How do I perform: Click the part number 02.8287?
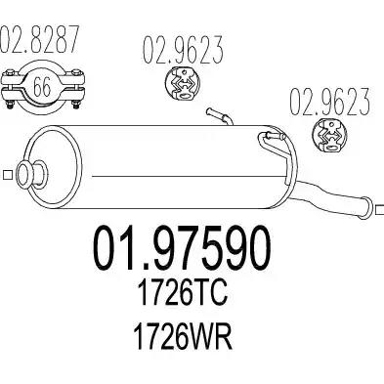click(x=40, y=39)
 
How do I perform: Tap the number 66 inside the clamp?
click(x=42, y=87)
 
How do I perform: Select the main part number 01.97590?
click(x=182, y=248)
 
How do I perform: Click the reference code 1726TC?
click(x=182, y=292)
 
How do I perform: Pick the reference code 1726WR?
click(x=183, y=337)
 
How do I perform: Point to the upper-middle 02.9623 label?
click(x=183, y=50)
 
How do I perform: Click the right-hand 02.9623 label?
click(x=330, y=101)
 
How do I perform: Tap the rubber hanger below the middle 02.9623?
click(x=183, y=83)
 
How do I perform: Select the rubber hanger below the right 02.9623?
click(x=329, y=136)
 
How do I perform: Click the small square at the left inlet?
click(x=7, y=175)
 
